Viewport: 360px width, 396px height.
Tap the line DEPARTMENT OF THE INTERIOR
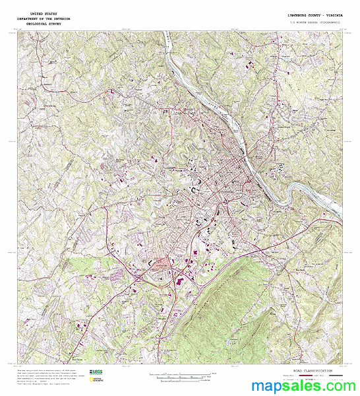(x=44, y=18)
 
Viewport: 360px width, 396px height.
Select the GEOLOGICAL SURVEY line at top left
(x=44, y=24)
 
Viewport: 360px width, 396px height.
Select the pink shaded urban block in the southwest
(x=160, y=264)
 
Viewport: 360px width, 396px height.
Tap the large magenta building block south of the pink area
(x=177, y=281)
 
